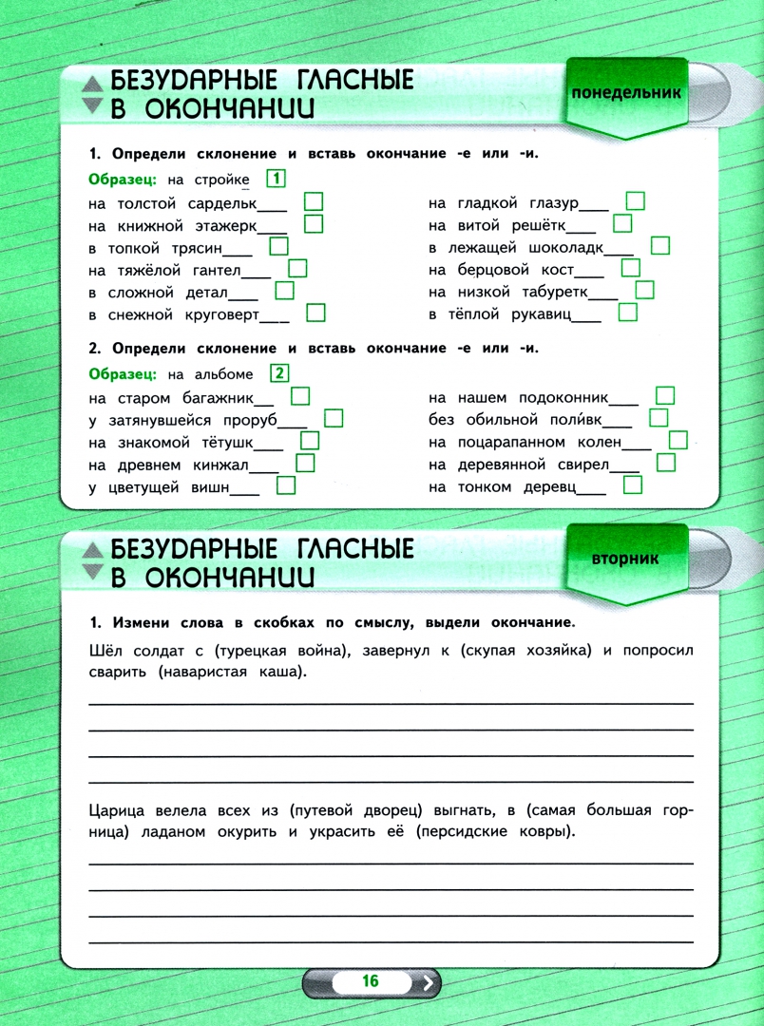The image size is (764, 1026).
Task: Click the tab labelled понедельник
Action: [626, 93]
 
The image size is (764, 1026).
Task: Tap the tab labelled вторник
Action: [624, 560]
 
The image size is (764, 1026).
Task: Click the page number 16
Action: [370, 981]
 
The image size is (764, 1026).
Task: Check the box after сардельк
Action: [314, 201]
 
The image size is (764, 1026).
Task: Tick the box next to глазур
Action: [636, 201]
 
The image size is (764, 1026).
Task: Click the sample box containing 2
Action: [279, 373]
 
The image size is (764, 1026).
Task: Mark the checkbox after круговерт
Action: [316, 313]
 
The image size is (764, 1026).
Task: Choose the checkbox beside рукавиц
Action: [627, 313]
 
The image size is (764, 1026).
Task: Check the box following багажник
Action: [300, 396]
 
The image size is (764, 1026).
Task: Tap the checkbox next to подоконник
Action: [665, 396]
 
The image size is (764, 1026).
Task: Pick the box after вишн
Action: [286, 486]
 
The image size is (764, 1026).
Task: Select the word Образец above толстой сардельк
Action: [123, 180]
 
